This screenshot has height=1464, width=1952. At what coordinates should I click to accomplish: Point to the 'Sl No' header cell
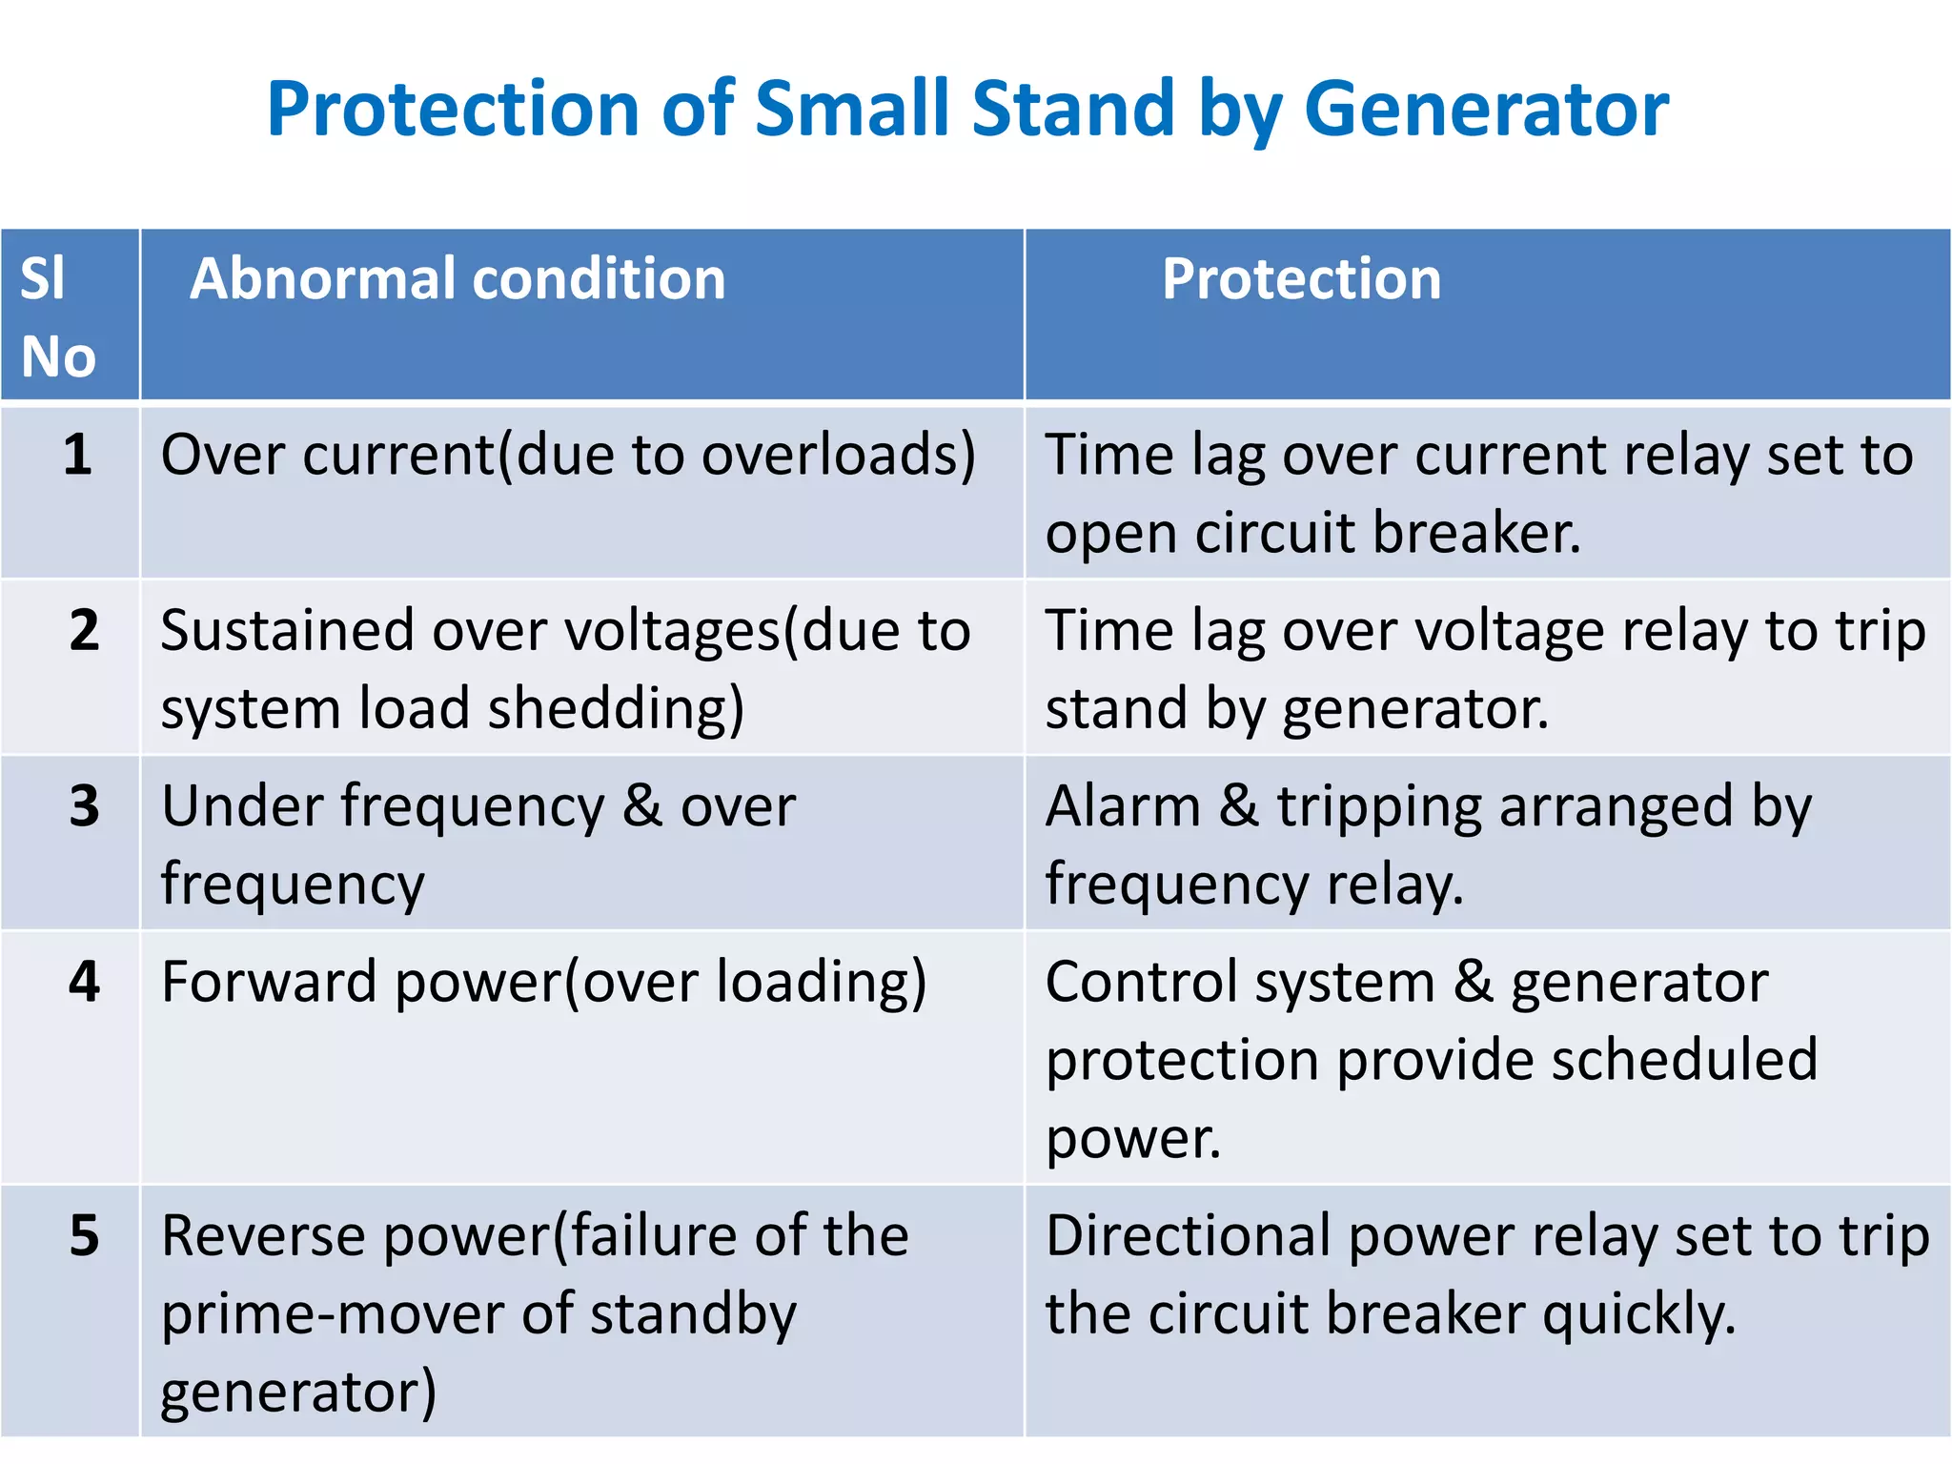click(x=57, y=317)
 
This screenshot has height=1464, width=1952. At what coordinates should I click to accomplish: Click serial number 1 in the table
click(x=78, y=455)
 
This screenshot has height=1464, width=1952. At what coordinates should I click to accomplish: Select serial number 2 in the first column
click(x=84, y=630)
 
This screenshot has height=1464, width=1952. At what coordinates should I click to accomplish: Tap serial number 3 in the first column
click(x=84, y=806)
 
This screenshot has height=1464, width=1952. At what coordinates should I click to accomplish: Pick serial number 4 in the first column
click(x=84, y=982)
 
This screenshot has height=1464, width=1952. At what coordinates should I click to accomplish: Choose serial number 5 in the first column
click(x=84, y=1236)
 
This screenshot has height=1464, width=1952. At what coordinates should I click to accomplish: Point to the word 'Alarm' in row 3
click(x=1123, y=807)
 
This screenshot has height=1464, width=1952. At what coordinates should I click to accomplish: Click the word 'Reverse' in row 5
click(x=263, y=1236)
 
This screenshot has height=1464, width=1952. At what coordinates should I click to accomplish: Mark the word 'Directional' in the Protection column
click(x=1188, y=1236)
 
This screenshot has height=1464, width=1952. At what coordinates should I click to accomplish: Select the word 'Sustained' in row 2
click(x=287, y=631)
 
